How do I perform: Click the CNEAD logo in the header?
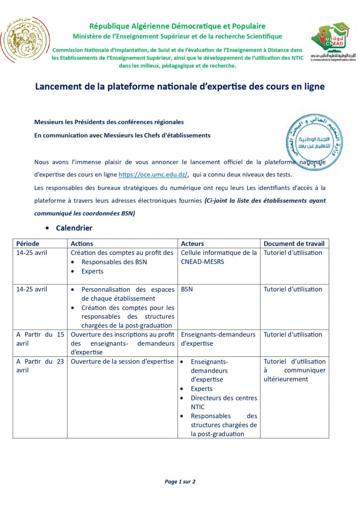pyautogui.click(x=331, y=42)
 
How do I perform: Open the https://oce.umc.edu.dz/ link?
pyautogui.click(x=153, y=175)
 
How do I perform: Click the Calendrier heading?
pyautogui.click(x=74, y=228)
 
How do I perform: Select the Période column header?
pyautogui.click(x=28, y=244)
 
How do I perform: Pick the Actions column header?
pyautogui.click(x=82, y=244)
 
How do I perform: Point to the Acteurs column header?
pyautogui.click(x=192, y=244)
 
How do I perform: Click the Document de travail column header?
pyautogui.click(x=294, y=244)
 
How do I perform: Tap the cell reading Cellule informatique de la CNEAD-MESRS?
pyautogui.click(x=219, y=257)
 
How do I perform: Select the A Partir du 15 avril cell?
pyautogui.click(x=40, y=339)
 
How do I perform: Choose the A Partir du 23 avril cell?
pyautogui.click(x=40, y=366)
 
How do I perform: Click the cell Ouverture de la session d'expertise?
pyautogui.click(x=122, y=361)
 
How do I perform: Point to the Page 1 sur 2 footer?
pyautogui.click(x=180, y=482)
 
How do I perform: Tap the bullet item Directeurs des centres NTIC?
pyautogui.click(x=224, y=402)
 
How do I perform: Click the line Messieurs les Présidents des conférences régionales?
pyautogui.click(x=109, y=122)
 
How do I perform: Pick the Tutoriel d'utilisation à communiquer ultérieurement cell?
pyautogui.click(x=294, y=370)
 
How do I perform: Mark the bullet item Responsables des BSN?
pyautogui.click(x=114, y=262)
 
